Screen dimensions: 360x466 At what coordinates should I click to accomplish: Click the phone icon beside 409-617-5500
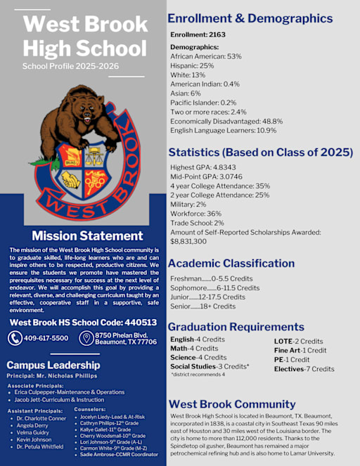point(15,339)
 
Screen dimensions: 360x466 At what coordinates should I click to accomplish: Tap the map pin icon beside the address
point(86,339)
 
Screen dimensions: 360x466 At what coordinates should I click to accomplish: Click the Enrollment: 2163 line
point(199,34)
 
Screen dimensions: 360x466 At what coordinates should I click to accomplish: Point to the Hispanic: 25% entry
point(193,65)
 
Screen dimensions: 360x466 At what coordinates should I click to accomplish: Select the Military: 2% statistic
point(192,204)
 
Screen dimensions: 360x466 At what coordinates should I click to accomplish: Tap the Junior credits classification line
point(208,297)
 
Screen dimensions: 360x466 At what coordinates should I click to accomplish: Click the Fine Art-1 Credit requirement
point(300,350)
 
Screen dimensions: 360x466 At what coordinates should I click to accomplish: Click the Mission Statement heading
point(87,236)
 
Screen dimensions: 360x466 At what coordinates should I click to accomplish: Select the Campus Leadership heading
point(53,365)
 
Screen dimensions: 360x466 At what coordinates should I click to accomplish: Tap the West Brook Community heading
point(232,404)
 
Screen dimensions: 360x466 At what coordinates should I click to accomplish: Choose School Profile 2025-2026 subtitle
point(70,66)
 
